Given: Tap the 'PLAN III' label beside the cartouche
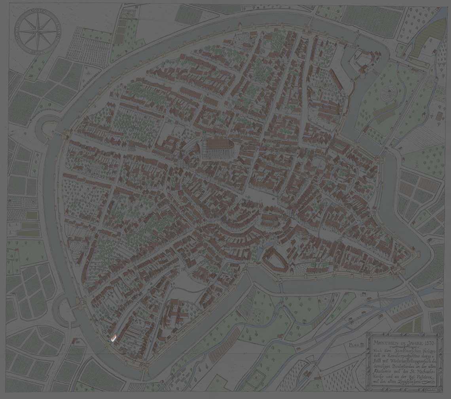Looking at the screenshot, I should pos(356,345).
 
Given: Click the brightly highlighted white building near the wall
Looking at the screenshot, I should pos(114,338).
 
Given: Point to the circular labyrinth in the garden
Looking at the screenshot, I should pos(388,95).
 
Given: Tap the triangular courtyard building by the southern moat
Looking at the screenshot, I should pos(275,259).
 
